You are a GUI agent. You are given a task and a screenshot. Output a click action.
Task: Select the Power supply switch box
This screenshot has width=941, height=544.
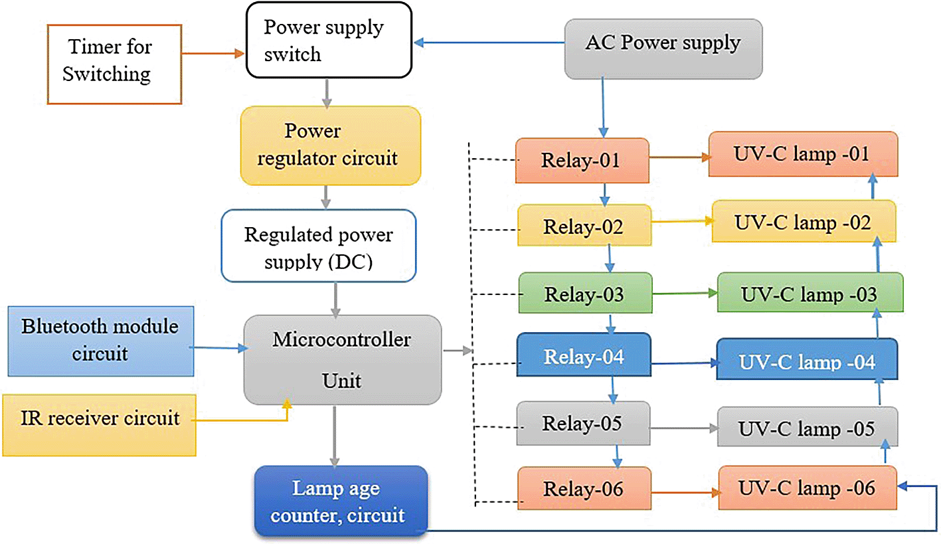(x=329, y=41)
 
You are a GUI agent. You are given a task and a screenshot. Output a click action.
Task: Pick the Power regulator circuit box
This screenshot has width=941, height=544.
(x=331, y=145)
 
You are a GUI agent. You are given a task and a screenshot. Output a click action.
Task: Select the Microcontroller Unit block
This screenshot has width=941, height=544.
(x=342, y=359)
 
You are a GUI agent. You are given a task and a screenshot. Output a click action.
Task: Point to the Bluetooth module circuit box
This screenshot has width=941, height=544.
(x=100, y=339)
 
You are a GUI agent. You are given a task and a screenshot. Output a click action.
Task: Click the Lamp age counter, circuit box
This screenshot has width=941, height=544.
(x=341, y=501)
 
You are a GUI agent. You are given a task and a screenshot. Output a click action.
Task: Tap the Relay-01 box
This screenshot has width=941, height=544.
(x=582, y=160)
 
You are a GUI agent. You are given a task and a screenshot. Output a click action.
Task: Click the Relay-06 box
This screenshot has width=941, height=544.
(x=584, y=490)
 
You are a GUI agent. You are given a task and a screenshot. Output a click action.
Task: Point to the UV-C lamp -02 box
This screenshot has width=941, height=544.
(x=804, y=222)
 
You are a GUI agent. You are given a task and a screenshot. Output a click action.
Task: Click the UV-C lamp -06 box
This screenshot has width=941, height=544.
(x=807, y=489)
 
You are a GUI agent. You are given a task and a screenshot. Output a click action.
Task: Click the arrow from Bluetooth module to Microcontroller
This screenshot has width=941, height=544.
(x=216, y=346)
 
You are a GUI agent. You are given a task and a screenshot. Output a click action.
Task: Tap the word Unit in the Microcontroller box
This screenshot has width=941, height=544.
(x=342, y=381)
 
